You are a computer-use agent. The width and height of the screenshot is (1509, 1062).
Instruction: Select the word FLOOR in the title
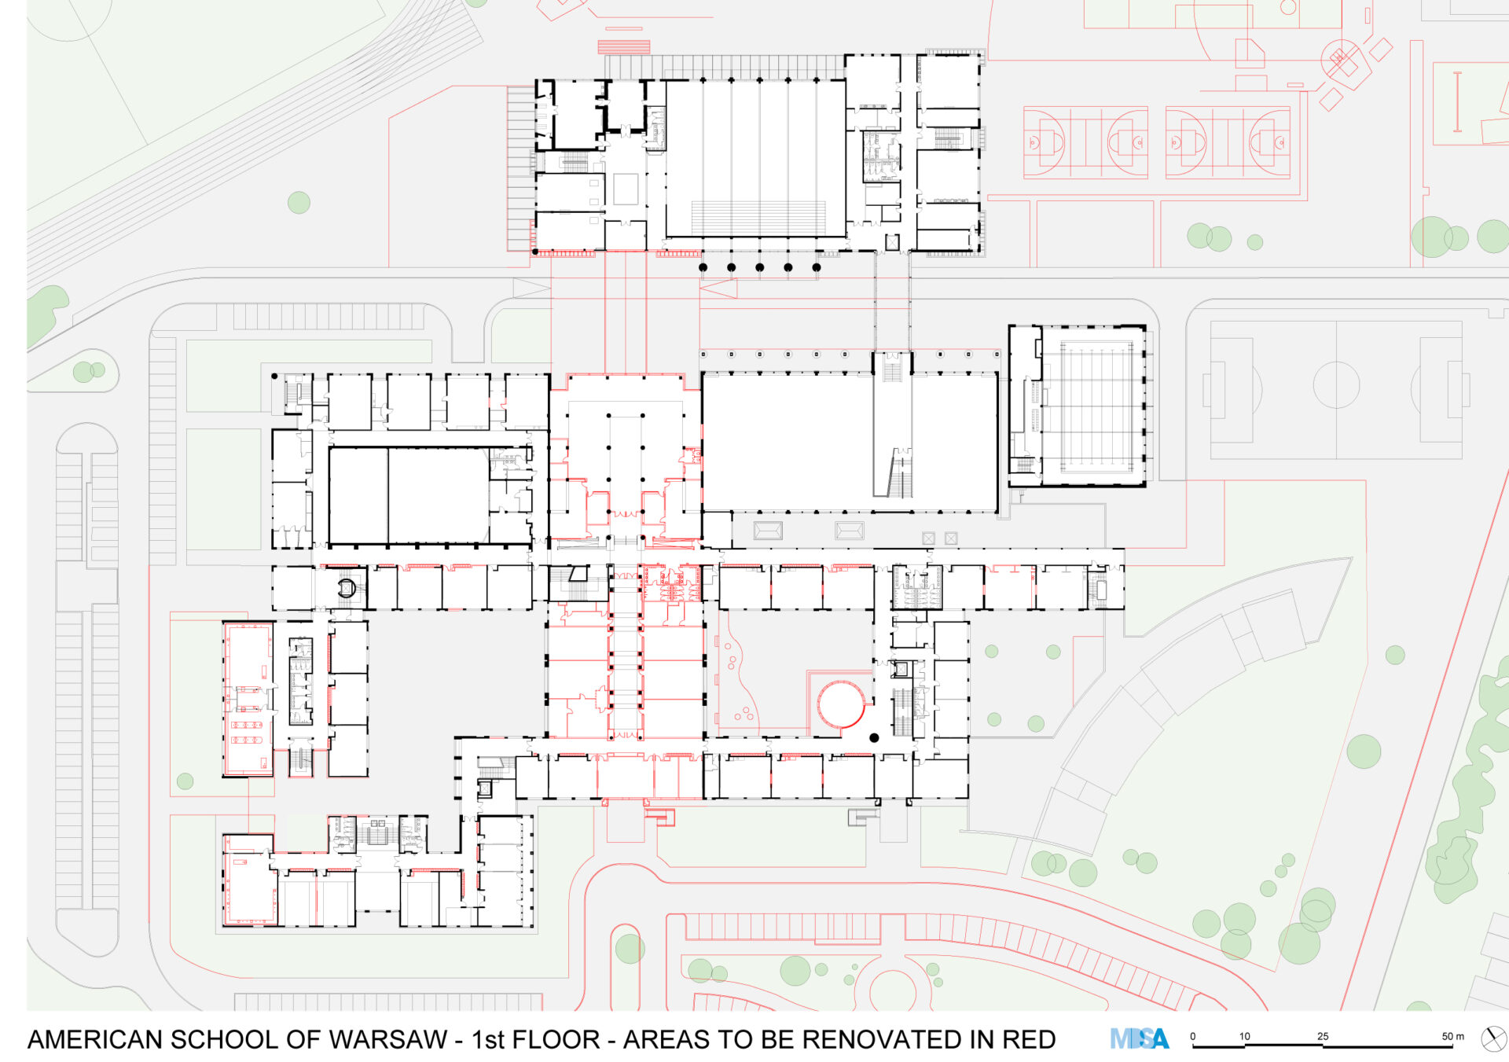(x=556, y=1039)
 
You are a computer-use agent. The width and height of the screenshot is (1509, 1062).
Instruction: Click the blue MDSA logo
(x=1140, y=1039)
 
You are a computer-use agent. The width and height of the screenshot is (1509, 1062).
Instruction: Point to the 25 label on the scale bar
(x=1323, y=1036)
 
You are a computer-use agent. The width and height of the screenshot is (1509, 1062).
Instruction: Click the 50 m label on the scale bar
(x=1452, y=1036)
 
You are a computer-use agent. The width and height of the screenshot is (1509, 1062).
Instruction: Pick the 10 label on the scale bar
(x=1244, y=1036)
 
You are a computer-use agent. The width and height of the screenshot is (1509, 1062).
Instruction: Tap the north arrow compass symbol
(x=1493, y=1038)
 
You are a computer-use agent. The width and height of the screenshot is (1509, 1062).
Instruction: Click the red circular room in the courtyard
(x=841, y=704)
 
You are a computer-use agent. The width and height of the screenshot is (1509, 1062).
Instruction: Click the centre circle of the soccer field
(x=1336, y=385)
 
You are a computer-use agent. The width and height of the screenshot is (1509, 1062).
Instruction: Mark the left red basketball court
(x=1085, y=142)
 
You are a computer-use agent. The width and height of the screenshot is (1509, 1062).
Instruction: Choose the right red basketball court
(x=1228, y=142)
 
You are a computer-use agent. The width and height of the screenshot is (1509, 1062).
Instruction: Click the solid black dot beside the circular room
(x=874, y=738)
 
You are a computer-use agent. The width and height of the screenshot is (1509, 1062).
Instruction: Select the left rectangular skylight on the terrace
(x=768, y=531)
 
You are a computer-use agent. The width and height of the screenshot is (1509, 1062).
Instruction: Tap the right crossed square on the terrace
(x=951, y=538)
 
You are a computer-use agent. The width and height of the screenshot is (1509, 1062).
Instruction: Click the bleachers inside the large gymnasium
(x=758, y=218)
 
